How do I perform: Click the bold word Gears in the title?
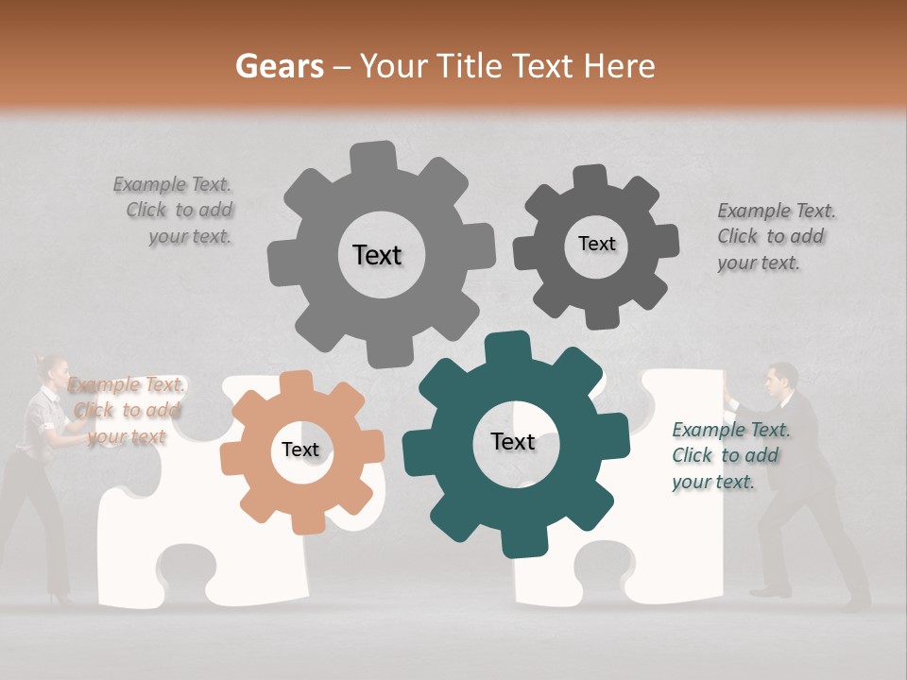click(280, 66)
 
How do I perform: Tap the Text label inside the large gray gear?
click(377, 255)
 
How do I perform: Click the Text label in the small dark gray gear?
click(596, 244)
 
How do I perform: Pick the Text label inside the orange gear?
click(300, 450)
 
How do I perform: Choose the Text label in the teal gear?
click(513, 441)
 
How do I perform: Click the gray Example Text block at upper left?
click(179, 211)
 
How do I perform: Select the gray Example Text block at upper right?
click(775, 237)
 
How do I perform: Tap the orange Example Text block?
click(126, 411)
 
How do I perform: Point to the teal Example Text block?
click(729, 456)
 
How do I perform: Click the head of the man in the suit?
click(781, 379)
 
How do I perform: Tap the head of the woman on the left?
click(51, 368)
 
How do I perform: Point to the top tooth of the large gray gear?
click(374, 157)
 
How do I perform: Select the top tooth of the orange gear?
click(297, 382)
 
